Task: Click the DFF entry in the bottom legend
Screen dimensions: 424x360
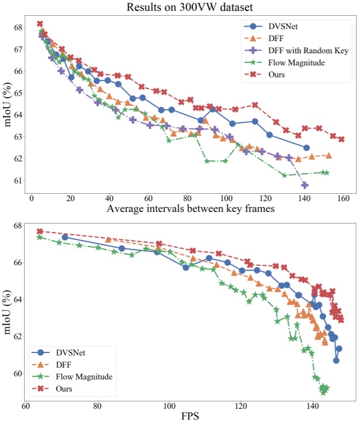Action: [63, 365]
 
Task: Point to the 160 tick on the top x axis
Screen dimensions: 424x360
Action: [343, 197]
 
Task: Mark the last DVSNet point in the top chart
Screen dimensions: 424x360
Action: [306, 148]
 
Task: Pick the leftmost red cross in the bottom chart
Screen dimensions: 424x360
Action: [40, 231]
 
